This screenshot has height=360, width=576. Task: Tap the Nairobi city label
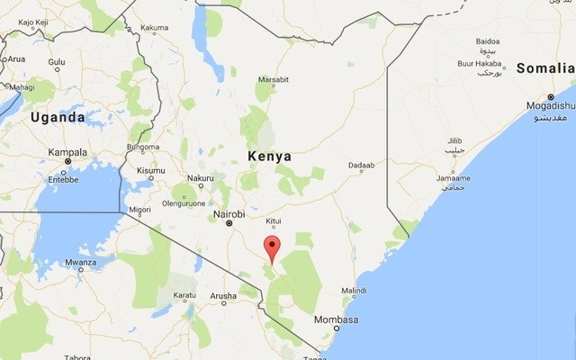229,213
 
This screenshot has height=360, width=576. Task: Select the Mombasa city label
336,320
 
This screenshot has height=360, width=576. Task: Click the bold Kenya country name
269,157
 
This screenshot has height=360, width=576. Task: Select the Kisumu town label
150,170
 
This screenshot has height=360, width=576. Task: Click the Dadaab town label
360,166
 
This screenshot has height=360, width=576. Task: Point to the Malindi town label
355,291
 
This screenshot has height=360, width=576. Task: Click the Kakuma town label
155,28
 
